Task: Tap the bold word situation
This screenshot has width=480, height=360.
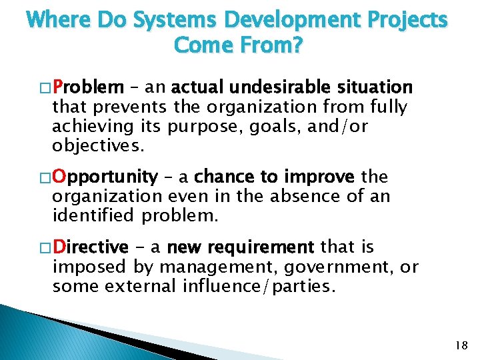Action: pos(375,87)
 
